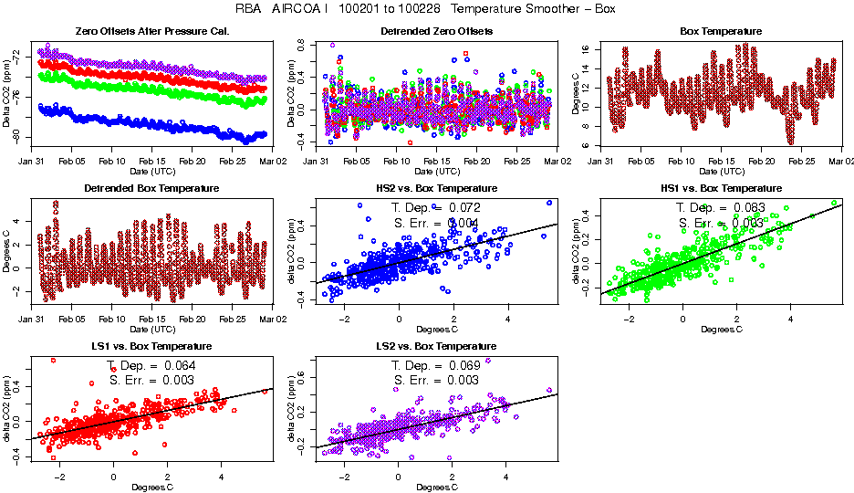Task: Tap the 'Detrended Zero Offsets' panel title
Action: point(436,31)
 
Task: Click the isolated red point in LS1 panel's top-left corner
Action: point(53,361)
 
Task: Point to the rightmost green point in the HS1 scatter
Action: point(834,203)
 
